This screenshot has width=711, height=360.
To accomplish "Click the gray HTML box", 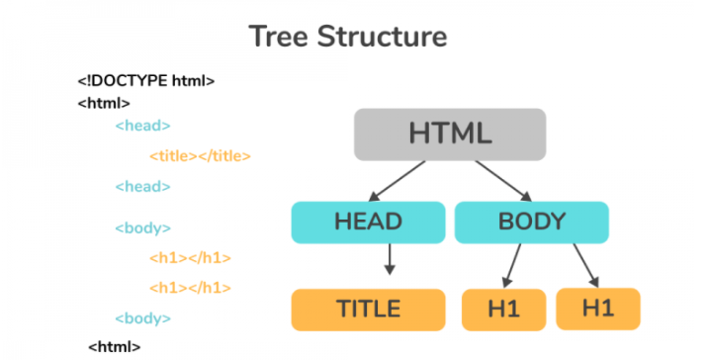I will pyautogui.click(x=450, y=134).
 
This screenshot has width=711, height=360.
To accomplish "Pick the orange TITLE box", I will pyautogui.click(x=367, y=310).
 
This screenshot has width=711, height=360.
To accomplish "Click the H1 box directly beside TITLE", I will pyautogui.click(x=502, y=310).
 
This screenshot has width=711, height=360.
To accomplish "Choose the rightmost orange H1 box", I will pyautogui.click(x=597, y=309).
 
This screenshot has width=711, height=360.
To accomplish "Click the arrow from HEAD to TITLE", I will pyautogui.click(x=390, y=259).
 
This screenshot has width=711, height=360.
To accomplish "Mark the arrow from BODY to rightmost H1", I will pyautogui.click(x=584, y=264).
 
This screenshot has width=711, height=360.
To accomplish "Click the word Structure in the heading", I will pyautogui.click(x=386, y=38).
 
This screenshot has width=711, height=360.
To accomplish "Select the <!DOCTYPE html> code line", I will pyautogui.click(x=146, y=81).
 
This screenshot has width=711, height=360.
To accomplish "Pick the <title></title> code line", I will pyautogui.click(x=200, y=155).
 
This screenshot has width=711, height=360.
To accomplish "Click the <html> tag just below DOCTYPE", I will pyautogui.click(x=104, y=103).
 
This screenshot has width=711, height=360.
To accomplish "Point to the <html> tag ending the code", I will pyautogui.click(x=115, y=346).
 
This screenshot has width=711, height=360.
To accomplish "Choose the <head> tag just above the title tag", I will pyautogui.click(x=142, y=126).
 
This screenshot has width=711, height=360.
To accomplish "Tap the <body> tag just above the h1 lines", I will pyautogui.click(x=142, y=227).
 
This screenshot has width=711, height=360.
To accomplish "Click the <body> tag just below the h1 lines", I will pyautogui.click(x=142, y=317).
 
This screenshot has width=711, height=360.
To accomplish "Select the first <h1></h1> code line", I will pyautogui.click(x=190, y=258).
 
